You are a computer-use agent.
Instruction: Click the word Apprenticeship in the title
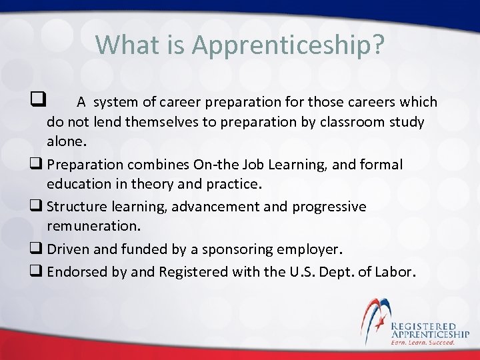click(288, 45)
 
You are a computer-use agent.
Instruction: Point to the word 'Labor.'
click(396, 272)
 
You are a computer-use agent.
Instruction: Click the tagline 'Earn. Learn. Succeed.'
click(423, 342)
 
